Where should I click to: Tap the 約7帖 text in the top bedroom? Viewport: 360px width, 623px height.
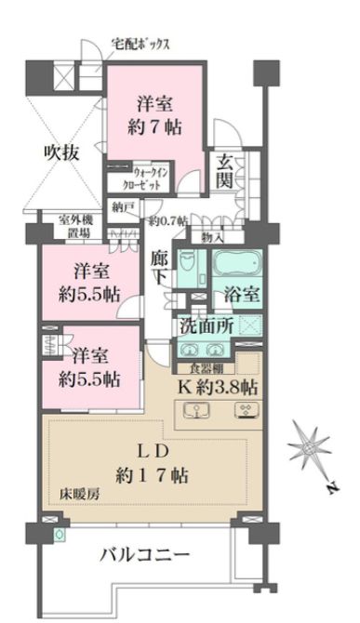pyautogui.click(x=155, y=129)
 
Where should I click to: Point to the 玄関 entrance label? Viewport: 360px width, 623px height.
pyautogui.click(x=225, y=171)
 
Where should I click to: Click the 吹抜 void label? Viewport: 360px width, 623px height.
pyautogui.click(x=61, y=154)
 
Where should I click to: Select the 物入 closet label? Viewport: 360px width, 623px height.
pyautogui.click(x=211, y=237)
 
